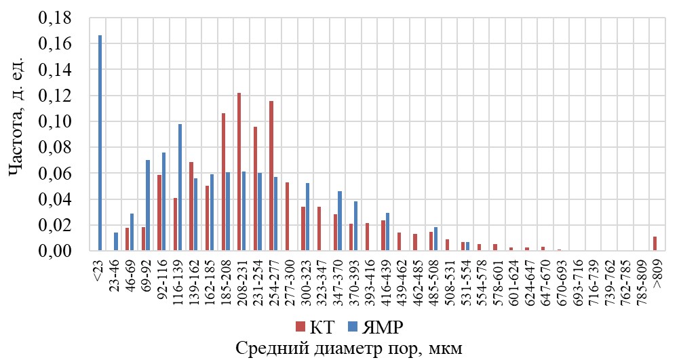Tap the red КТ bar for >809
point(655,243)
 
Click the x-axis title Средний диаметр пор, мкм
point(349,350)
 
